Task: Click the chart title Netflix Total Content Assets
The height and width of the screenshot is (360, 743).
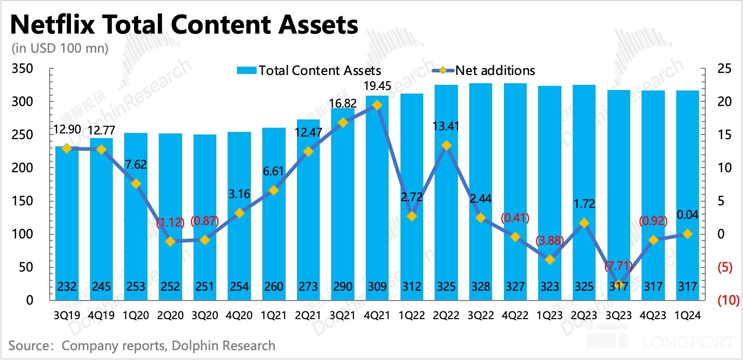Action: tap(184, 24)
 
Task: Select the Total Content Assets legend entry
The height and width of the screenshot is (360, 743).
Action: tap(308, 70)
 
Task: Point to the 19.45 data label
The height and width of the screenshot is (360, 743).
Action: tap(377, 86)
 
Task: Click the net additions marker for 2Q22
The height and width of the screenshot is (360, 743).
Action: tap(446, 146)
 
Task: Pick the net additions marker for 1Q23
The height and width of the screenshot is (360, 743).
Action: tap(549, 260)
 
